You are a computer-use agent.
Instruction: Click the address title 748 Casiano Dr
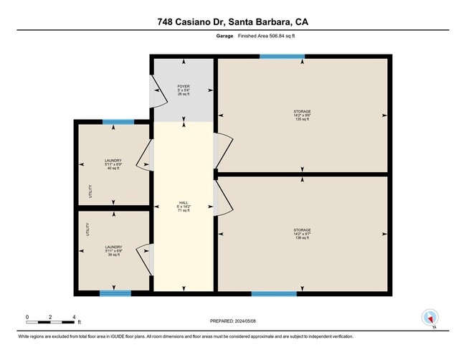click(x=233, y=22)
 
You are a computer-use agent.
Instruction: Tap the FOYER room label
click(x=184, y=90)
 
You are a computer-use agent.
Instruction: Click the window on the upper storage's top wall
click(x=281, y=56)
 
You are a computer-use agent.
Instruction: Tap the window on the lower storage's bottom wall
click(x=274, y=293)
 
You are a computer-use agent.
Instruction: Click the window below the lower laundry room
click(x=115, y=293)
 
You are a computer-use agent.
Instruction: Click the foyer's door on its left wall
click(x=154, y=89)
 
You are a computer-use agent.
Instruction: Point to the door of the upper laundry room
click(x=148, y=154)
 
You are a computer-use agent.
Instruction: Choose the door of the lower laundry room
click(x=148, y=260)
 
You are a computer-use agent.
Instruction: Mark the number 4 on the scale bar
click(x=74, y=316)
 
